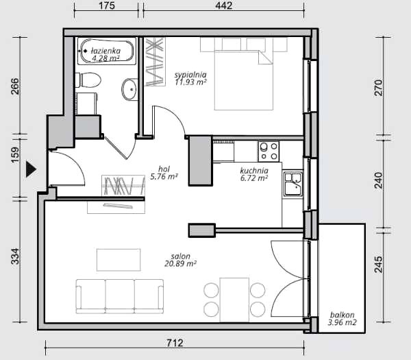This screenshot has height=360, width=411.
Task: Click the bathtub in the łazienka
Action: (x=107, y=51)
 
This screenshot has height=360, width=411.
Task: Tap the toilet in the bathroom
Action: (x=88, y=80)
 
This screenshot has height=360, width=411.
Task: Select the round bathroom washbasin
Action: (x=129, y=89)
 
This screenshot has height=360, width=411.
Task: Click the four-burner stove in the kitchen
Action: (x=269, y=152)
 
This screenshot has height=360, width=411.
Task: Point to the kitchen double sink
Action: (x=293, y=184)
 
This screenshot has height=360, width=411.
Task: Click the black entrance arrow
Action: (x=31, y=169)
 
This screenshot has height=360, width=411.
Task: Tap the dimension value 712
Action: (x=175, y=343)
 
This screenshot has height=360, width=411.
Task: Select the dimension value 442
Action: (x=223, y=5)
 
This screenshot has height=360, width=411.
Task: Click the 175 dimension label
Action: (x=107, y=5)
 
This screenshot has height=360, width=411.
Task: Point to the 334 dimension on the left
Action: (x=15, y=256)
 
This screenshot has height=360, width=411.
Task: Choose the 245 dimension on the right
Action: (x=379, y=265)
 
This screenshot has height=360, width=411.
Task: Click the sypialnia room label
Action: (x=190, y=75)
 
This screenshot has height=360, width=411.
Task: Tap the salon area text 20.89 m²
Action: (x=181, y=263)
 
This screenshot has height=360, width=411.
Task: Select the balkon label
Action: (x=342, y=315)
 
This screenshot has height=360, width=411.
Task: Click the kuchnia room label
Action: (x=254, y=171)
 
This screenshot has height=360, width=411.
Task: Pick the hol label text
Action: (x=164, y=169)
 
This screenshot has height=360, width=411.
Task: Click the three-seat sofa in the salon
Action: (x=120, y=296)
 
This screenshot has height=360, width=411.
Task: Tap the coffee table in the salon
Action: (x=119, y=260)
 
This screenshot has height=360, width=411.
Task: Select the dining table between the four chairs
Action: (x=234, y=300)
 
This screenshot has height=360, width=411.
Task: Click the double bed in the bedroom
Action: (x=244, y=80)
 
